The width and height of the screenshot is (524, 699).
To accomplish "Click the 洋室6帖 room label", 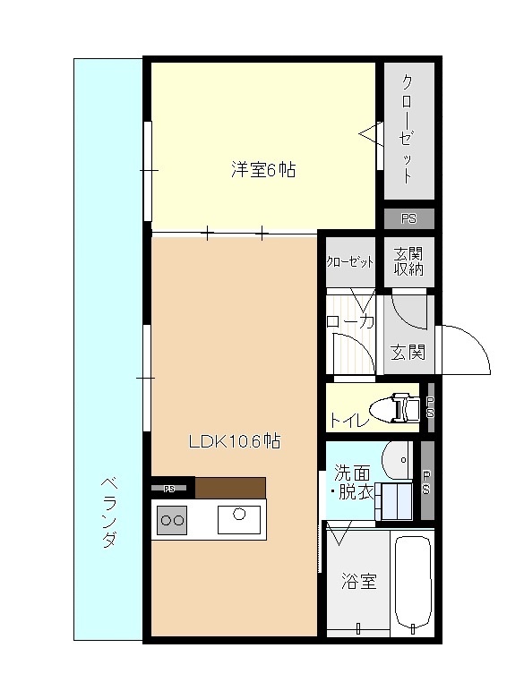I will (263, 170).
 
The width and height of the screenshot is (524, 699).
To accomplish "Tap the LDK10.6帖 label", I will (235, 440).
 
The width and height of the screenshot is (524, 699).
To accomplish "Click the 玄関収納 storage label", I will (408, 261).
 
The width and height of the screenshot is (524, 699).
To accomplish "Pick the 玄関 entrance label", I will (408, 352).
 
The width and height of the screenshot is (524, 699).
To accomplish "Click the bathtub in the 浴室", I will (413, 583).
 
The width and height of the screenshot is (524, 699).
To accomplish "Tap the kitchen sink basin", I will (239, 517).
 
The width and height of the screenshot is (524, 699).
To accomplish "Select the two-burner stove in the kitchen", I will (173, 519).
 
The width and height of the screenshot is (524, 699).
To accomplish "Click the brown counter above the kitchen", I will (230, 488).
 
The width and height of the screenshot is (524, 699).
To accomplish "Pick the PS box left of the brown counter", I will (171, 488).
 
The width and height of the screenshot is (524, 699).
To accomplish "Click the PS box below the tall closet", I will (408, 218).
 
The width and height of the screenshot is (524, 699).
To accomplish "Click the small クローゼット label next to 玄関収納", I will (349, 261).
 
